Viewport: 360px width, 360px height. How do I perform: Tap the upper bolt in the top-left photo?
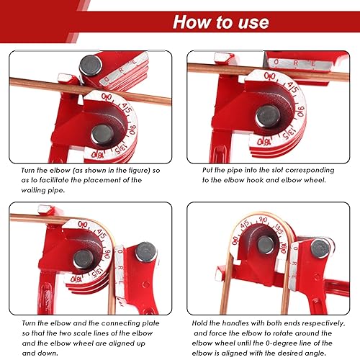tap(91, 66)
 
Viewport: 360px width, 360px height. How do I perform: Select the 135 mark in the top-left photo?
tap(119, 150)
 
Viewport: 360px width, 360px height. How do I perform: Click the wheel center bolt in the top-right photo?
tap(268, 114)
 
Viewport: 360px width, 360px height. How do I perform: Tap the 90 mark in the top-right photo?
tap(299, 112)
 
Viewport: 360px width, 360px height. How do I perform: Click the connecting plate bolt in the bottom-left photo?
tap(146, 252)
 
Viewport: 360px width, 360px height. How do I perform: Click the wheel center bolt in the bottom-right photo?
tap(266, 245)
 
